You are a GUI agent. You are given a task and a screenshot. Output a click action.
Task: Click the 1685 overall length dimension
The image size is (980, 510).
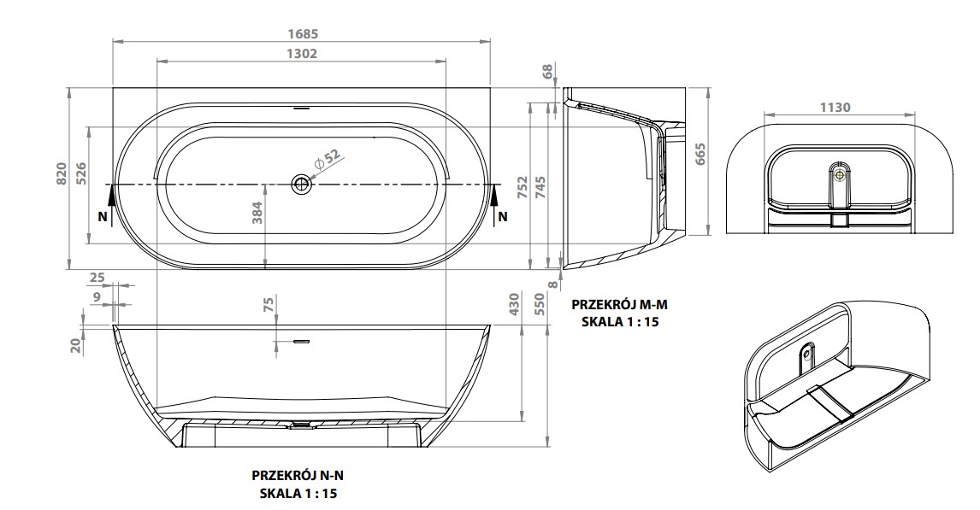pyautogui.click(x=303, y=33)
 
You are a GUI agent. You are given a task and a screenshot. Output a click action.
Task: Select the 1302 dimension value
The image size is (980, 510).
pyautogui.click(x=302, y=54)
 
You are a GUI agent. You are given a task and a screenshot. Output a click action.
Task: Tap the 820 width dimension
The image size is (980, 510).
pyautogui.click(x=62, y=174)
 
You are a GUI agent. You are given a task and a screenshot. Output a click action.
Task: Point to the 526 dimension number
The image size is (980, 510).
pyautogui.click(x=81, y=174)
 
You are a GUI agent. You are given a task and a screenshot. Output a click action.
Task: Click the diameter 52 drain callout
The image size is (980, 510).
pyautogui.click(x=327, y=158)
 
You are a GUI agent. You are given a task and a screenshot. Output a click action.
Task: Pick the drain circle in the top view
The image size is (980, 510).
pyautogui.click(x=301, y=185)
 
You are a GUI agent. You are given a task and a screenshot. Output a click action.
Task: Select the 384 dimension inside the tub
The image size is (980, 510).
pyautogui.click(x=257, y=212)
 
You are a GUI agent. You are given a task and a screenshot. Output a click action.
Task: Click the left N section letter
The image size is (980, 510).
pyautogui.click(x=103, y=217)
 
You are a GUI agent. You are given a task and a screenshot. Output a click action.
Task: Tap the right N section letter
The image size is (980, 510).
pyautogui.click(x=503, y=217)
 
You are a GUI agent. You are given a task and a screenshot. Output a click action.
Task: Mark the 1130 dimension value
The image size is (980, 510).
pyautogui.click(x=835, y=108)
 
